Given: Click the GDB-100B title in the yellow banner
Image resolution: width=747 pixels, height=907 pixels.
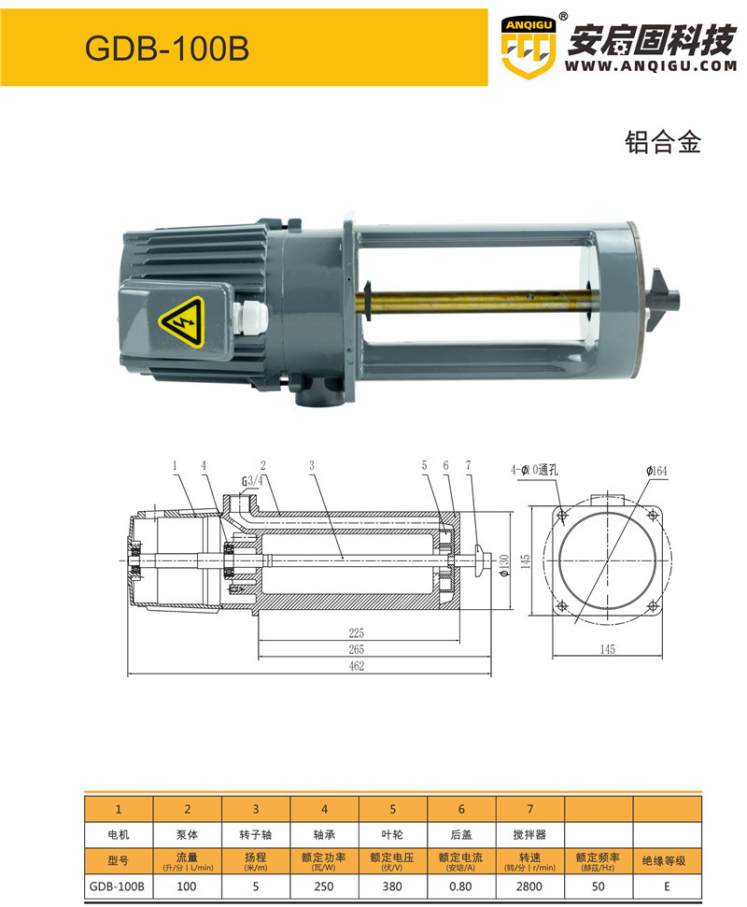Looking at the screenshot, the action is pos(167,48).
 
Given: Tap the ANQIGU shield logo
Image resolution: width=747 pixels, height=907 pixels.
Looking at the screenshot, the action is pos(529,48).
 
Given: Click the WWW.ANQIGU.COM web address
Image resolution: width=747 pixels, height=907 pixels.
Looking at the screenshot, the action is pos(651,66).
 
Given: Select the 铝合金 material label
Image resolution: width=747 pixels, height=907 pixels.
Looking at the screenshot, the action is pos(663,142).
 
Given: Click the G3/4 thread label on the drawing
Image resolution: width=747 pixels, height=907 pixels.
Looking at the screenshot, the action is pos(252,481).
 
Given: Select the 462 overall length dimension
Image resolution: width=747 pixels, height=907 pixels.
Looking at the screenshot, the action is pos(356,666).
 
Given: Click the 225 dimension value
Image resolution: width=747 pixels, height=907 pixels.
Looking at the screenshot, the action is pos(356,632).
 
